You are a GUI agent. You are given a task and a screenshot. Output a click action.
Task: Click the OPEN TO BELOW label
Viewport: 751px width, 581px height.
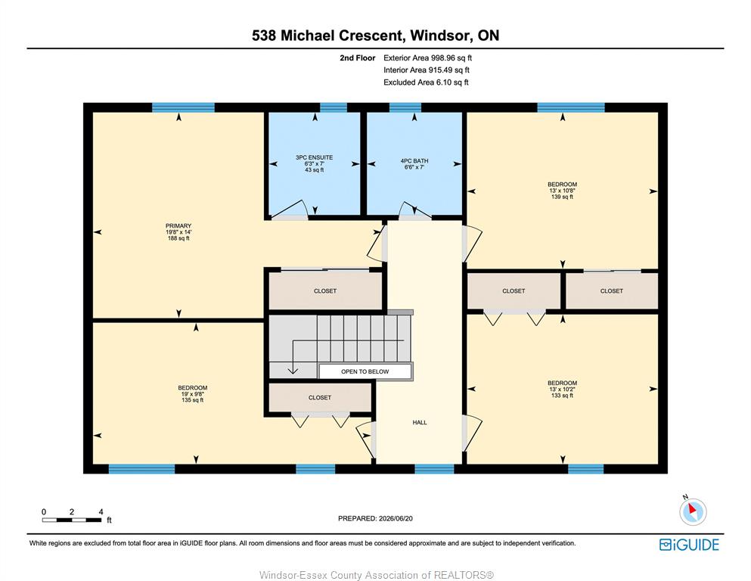click(x=365, y=371)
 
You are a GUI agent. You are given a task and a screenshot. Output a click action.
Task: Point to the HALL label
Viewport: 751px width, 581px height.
click(x=420, y=422)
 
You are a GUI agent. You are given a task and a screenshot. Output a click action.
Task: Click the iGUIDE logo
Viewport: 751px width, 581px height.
click(x=689, y=545)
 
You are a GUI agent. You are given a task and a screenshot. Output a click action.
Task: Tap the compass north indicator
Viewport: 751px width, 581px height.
click(x=693, y=511)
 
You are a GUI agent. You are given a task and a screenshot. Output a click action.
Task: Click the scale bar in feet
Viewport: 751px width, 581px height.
click(x=72, y=519)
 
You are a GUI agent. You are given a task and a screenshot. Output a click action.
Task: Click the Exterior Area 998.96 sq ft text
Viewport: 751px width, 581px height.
click(x=428, y=58)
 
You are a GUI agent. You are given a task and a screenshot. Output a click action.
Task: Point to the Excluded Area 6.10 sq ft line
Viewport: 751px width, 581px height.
click(x=426, y=82)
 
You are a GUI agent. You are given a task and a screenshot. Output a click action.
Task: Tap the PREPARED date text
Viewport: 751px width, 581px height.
click(x=375, y=518)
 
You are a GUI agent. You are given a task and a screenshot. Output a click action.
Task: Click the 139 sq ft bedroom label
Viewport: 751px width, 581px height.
click(x=562, y=191)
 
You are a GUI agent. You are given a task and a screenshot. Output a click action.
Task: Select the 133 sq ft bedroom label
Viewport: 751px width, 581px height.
click(x=562, y=390)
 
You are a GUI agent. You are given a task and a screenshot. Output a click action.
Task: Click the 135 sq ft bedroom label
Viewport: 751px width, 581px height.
click(x=193, y=394)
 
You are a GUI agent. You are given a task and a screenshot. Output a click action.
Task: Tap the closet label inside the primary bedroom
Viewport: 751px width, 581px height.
click(x=325, y=291)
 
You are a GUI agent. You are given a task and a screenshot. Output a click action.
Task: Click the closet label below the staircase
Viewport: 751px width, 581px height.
click(x=320, y=398)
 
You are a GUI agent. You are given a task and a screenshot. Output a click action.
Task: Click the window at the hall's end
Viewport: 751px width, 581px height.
click(x=434, y=468)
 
